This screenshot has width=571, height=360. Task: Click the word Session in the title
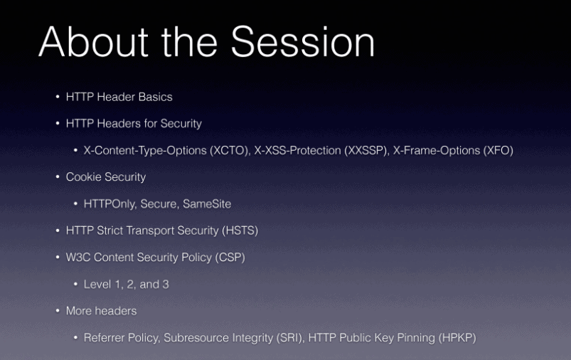click(x=303, y=42)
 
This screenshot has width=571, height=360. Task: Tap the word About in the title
click(x=94, y=42)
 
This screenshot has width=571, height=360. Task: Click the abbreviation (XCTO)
click(x=230, y=151)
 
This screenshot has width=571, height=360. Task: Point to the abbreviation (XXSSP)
click(x=367, y=151)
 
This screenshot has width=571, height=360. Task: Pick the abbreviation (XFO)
click(x=498, y=151)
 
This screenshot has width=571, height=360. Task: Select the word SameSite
click(x=207, y=204)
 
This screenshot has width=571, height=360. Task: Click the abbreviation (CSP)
click(x=230, y=258)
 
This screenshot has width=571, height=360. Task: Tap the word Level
click(x=97, y=284)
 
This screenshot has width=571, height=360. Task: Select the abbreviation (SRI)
click(x=290, y=338)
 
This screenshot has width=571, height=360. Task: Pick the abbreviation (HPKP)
click(x=457, y=338)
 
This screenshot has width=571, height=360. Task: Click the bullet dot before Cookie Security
click(x=58, y=177)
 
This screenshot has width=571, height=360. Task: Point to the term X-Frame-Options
click(x=437, y=151)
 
